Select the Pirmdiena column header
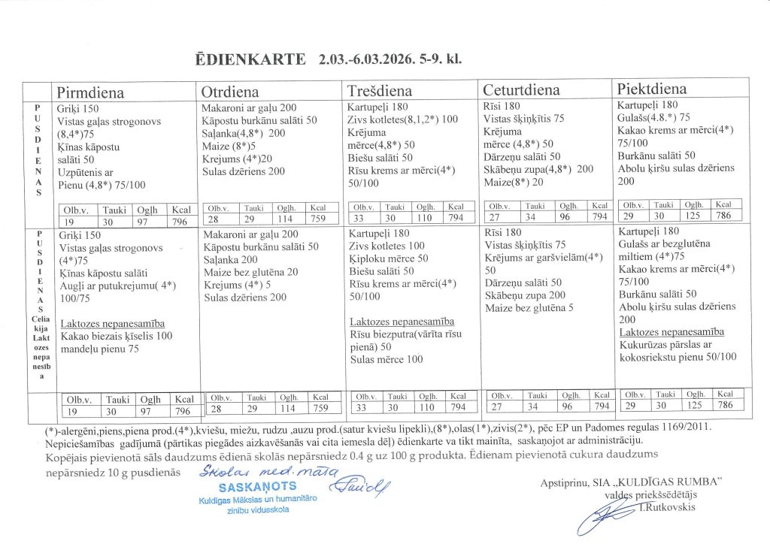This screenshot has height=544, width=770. (x=91, y=92)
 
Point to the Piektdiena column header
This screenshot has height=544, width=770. (x=652, y=89)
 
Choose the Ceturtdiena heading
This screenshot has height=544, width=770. (x=521, y=90)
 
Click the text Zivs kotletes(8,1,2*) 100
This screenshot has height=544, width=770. (x=403, y=119)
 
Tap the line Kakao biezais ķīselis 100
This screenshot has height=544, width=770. (x=117, y=335)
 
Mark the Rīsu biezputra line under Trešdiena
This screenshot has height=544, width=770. (x=404, y=334)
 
